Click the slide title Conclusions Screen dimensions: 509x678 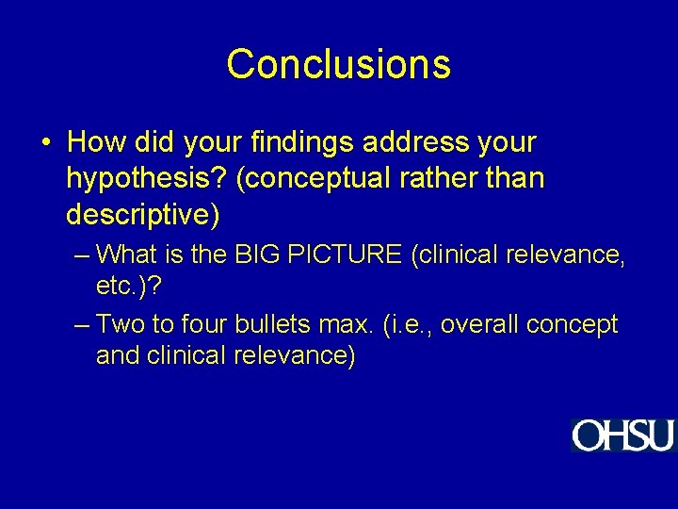pyautogui.click(x=338, y=64)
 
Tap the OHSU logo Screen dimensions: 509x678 pyautogui.click(x=622, y=435)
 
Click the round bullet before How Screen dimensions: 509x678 pyautogui.click(x=46, y=144)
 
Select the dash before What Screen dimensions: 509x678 pyautogui.click(x=82, y=254)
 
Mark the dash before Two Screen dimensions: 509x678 pyautogui.click(x=82, y=325)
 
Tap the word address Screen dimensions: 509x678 pyautogui.click(x=418, y=143)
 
